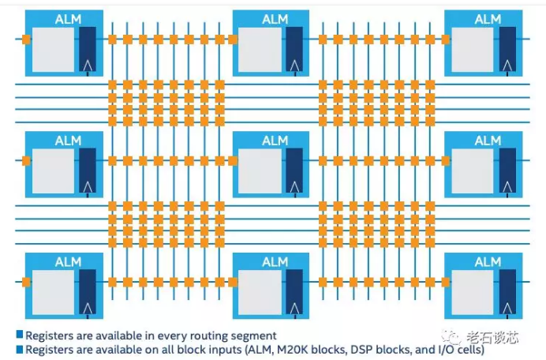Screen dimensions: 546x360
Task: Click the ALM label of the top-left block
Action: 68,20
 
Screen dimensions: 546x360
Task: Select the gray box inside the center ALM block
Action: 260,171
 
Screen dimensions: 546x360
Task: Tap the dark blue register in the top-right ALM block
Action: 507,49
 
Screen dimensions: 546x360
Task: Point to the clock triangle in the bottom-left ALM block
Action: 88,309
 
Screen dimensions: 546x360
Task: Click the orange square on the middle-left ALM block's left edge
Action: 26,161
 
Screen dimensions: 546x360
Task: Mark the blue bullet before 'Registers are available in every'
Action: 20,335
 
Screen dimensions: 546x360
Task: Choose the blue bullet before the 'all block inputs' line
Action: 20,349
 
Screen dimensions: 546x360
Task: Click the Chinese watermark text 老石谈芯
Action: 492,337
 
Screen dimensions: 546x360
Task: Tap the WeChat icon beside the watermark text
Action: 451,336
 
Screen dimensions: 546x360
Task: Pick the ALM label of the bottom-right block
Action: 488,262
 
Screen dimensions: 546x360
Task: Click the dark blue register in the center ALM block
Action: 294,171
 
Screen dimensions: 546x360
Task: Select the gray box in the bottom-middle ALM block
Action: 260,292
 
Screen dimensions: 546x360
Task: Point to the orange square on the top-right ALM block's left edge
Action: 445,39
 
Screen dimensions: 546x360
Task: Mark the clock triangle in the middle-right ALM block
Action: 507,187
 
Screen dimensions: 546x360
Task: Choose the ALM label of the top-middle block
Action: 275,20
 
